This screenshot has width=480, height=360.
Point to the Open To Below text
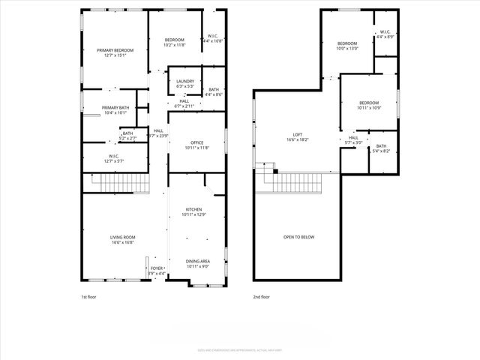(298, 237)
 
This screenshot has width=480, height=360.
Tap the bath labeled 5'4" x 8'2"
(381, 148)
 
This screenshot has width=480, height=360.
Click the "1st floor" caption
(88, 297)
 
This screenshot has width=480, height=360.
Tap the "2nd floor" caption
(260, 297)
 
